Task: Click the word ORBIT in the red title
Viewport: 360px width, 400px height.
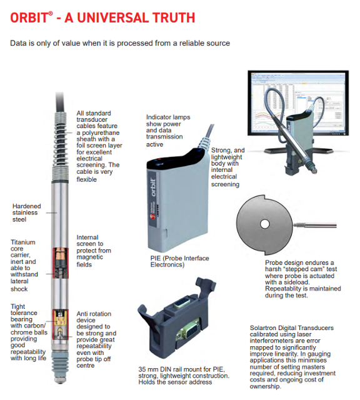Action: coord(29,18)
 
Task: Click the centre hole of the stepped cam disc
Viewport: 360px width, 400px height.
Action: coord(264,224)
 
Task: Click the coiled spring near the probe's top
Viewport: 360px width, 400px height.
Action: coord(60,147)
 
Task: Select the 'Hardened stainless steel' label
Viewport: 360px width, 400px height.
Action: coord(26,212)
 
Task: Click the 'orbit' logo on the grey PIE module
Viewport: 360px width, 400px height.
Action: coord(153,187)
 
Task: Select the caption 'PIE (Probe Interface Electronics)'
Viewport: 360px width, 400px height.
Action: coord(179,261)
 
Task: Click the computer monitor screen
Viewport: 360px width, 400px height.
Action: coord(298,103)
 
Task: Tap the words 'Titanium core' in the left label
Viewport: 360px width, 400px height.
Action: coord(23,246)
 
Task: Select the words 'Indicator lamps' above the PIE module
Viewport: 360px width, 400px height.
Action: coord(168,117)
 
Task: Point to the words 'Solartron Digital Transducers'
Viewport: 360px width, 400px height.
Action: coord(292,327)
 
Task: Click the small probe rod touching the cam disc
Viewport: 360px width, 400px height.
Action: coord(315,225)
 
